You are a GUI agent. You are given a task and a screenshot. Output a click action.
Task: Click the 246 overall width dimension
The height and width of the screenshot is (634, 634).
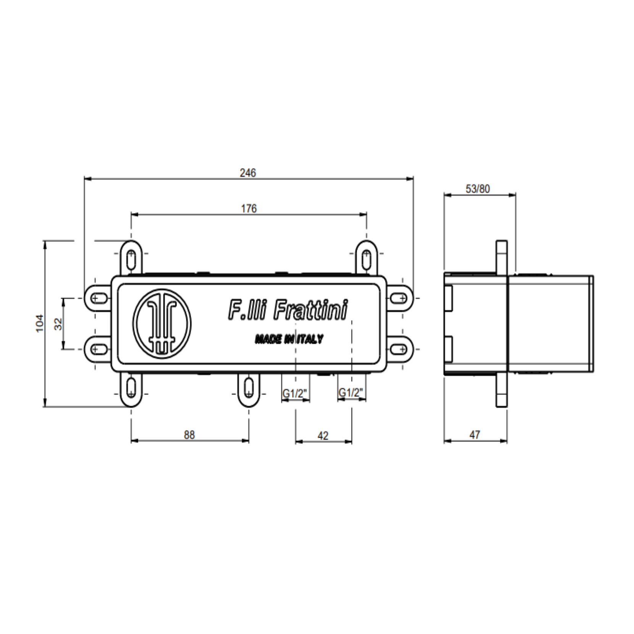pos(248,173)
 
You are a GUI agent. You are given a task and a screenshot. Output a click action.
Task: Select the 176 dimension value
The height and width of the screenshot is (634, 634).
pos(249,209)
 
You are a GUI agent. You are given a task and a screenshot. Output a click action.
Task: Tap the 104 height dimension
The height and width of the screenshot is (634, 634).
pos(40,323)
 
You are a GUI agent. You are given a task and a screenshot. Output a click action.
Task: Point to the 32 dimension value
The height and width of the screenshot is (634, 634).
pos(58,324)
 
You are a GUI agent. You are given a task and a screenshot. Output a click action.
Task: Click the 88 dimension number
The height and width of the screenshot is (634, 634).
pos(189,435)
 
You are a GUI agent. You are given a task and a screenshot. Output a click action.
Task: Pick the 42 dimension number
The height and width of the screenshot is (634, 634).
pos(323,436)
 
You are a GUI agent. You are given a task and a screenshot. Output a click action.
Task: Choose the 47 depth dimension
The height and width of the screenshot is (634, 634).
pos(475,435)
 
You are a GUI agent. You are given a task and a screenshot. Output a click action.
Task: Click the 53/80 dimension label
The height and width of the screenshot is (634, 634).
pos(478,189)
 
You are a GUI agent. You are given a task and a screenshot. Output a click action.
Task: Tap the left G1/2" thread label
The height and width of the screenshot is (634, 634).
pos(295,393)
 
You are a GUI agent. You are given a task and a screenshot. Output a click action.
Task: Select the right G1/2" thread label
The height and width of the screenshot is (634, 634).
pos(351,393)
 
